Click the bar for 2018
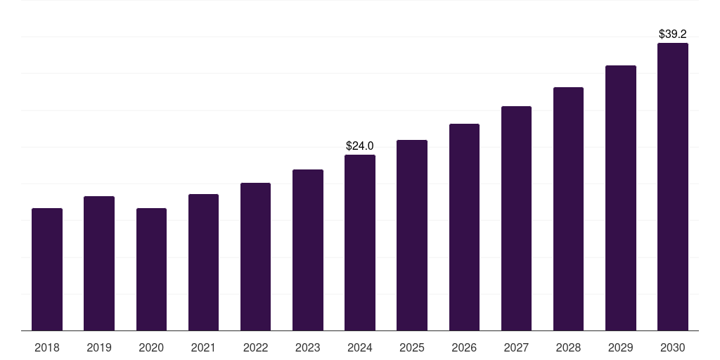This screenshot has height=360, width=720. [x=47, y=269]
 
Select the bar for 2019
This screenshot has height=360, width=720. [x=99, y=264]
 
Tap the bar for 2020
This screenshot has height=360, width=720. [x=151, y=269]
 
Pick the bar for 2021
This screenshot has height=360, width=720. [x=203, y=262]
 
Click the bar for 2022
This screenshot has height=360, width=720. [x=255, y=257]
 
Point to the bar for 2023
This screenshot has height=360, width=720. [x=308, y=250]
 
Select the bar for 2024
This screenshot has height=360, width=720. [x=360, y=243]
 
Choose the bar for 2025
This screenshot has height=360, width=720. [x=412, y=236]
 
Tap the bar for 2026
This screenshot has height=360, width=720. [x=464, y=227]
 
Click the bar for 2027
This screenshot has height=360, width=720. [x=516, y=219]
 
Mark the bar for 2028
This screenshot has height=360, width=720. [x=568, y=209]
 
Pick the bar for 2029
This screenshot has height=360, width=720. [x=621, y=198]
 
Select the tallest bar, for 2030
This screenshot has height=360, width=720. [x=673, y=187]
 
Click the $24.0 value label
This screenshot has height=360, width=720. [x=360, y=146]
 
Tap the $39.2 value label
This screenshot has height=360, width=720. [x=673, y=34]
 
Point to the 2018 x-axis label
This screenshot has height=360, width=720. [x=47, y=347]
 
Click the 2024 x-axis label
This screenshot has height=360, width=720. [x=360, y=347]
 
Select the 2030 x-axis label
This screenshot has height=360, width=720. [x=673, y=347]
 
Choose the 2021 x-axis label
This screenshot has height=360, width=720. [x=203, y=347]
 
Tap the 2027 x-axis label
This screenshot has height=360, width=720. [x=516, y=347]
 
